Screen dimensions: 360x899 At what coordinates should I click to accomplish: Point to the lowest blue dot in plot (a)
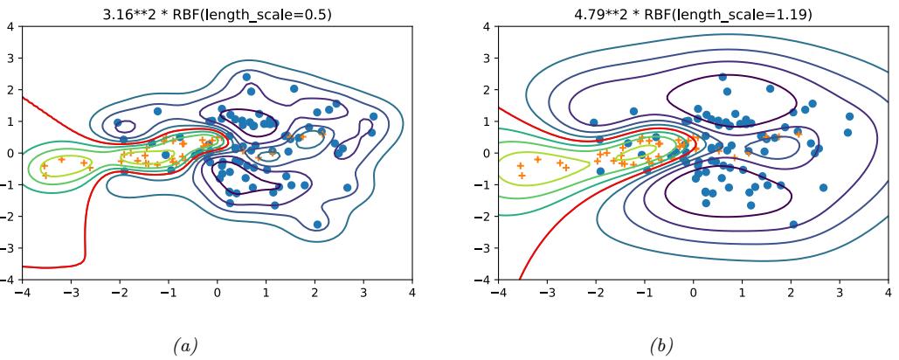coord(316,225)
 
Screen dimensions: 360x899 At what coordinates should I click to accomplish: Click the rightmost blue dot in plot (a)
coord(373,116)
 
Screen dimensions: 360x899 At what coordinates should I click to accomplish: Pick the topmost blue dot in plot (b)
coord(723,77)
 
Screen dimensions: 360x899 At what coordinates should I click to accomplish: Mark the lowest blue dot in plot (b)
coord(792,225)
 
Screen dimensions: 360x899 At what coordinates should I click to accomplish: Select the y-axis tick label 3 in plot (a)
coord(10,58)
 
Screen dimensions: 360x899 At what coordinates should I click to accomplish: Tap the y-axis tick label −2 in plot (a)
coord(8,216)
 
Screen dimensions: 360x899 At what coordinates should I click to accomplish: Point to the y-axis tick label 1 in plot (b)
coord(487,121)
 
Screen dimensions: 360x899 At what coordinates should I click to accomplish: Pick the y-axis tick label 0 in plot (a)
coord(10,152)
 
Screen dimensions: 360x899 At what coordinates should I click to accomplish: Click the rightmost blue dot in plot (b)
coord(849,116)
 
